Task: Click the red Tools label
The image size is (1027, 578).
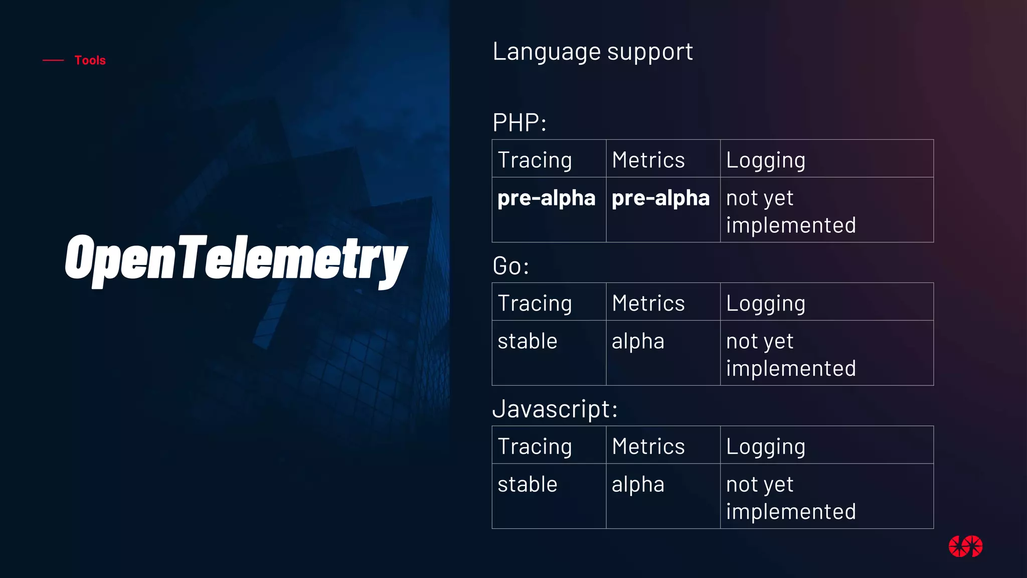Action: point(90,60)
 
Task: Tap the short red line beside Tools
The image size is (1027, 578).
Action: point(53,60)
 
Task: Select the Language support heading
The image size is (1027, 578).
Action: point(592,52)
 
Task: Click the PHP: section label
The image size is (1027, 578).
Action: point(519,123)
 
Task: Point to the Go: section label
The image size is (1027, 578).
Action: point(510,266)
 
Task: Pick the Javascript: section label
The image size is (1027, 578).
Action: point(555,409)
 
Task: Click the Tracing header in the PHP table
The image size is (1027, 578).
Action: point(535,160)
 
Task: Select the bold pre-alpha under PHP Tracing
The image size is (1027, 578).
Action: point(546,198)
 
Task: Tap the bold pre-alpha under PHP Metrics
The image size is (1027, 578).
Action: point(660,198)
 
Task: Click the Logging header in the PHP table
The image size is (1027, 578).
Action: point(765,160)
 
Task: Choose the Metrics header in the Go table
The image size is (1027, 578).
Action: point(648,303)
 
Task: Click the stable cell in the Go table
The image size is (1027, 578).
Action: point(527,341)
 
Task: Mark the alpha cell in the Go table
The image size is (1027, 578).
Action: point(638,341)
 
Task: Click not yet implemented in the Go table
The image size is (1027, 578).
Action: point(790,355)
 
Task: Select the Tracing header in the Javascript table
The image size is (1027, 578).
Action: point(535,447)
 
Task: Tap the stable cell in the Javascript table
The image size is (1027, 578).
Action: point(527,485)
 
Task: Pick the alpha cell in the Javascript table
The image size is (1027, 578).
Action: point(638,485)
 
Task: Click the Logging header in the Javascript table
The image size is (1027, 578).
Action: point(765,447)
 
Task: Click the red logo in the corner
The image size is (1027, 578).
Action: point(965,546)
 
